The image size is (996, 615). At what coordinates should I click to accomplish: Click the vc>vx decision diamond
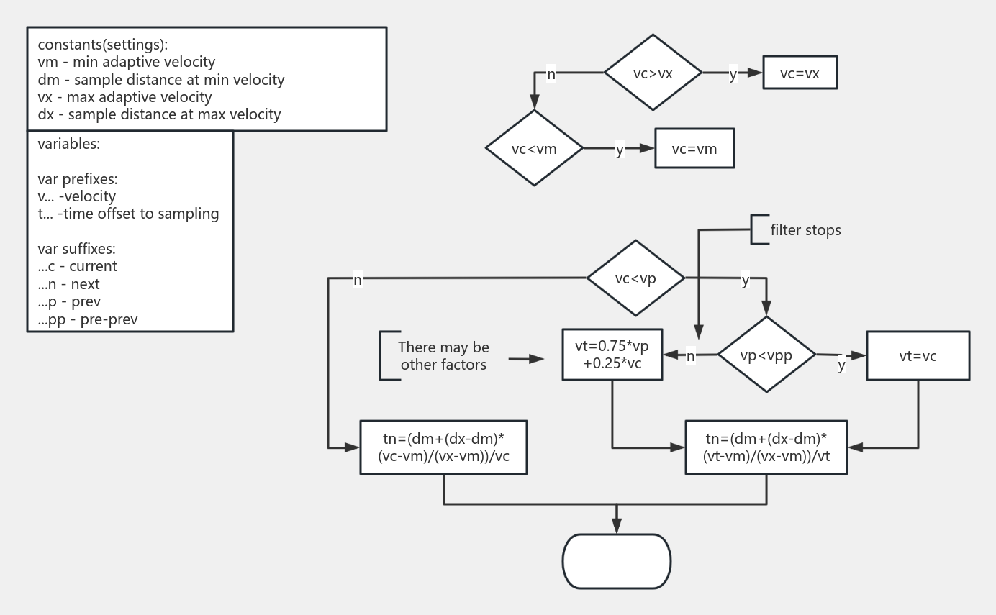click(x=653, y=73)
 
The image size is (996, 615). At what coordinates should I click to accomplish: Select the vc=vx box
click(x=800, y=73)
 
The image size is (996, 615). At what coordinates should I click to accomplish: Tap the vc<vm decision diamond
click(x=534, y=148)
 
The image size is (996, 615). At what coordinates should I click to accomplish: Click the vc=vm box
click(x=694, y=148)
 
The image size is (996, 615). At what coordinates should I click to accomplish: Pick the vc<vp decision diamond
click(x=635, y=278)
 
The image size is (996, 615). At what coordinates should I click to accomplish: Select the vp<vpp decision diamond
click(x=766, y=355)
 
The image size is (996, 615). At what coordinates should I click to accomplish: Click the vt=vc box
click(x=918, y=355)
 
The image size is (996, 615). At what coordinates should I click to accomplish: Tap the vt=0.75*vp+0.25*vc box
click(x=612, y=355)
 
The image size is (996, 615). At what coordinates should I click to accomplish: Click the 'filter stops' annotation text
click(x=805, y=230)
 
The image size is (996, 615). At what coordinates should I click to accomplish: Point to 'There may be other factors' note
click(x=443, y=356)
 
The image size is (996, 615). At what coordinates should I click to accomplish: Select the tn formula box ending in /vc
click(x=443, y=447)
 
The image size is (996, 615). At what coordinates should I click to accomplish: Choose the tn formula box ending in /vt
click(x=766, y=447)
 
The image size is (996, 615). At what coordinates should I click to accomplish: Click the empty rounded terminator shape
click(x=616, y=561)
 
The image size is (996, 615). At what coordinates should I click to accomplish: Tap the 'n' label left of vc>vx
click(x=551, y=73)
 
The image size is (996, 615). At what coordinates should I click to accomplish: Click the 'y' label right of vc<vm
click(x=620, y=150)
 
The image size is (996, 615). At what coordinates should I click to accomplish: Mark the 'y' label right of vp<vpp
click(x=841, y=365)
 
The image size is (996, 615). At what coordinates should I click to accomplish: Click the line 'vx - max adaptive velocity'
click(x=124, y=97)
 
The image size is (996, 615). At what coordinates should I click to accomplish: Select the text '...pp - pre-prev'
click(x=88, y=319)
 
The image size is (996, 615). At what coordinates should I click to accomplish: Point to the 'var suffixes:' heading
click(x=76, y=249)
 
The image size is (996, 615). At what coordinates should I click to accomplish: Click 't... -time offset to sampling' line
click(x=128, y=214)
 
